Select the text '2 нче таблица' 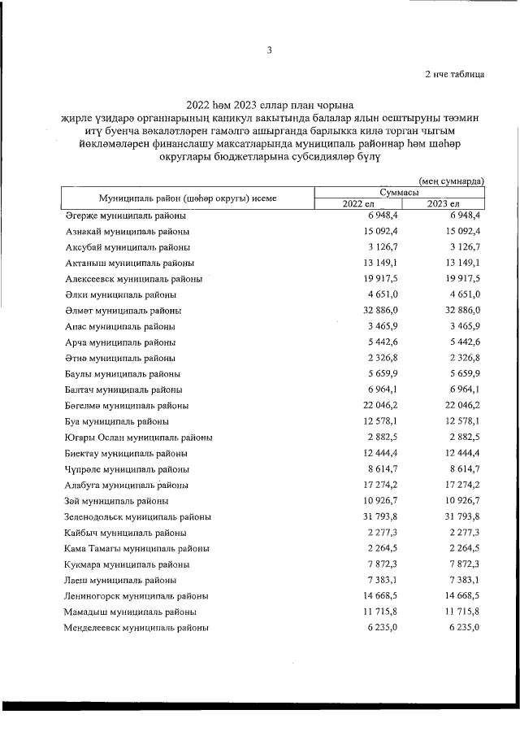point(455,75)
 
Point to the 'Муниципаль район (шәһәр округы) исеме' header point(188,198)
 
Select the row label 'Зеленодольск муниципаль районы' point(138,516)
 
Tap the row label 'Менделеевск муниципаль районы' point(136,628)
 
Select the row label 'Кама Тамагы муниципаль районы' point(135,548)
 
